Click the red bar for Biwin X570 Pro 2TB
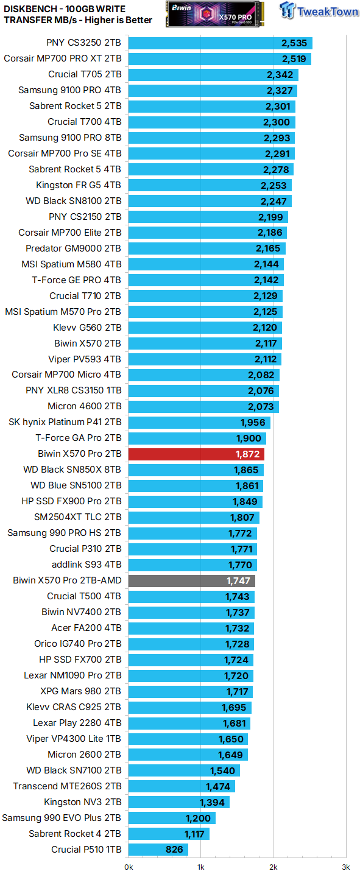click(196, 454)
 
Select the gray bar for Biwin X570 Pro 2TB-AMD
click(191, 580)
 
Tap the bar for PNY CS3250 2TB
click(220, 43)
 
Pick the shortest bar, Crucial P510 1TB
click(158, 850)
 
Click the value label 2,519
click(294, 59)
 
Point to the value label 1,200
click(198, 818)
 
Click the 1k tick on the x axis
click(200, 867)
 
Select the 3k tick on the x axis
click(345, 867)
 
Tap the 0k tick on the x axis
click(129, 867)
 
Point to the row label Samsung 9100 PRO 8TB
click(70, 138)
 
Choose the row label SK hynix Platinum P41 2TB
click(65, 422)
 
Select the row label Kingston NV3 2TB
click(82, 802)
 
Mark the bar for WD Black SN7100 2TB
click(184, 770)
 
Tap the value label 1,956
click(253, 422)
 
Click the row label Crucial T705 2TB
click(85, 75)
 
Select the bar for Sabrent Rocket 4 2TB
click(169, 834)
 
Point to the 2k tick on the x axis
click(273, 867)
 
